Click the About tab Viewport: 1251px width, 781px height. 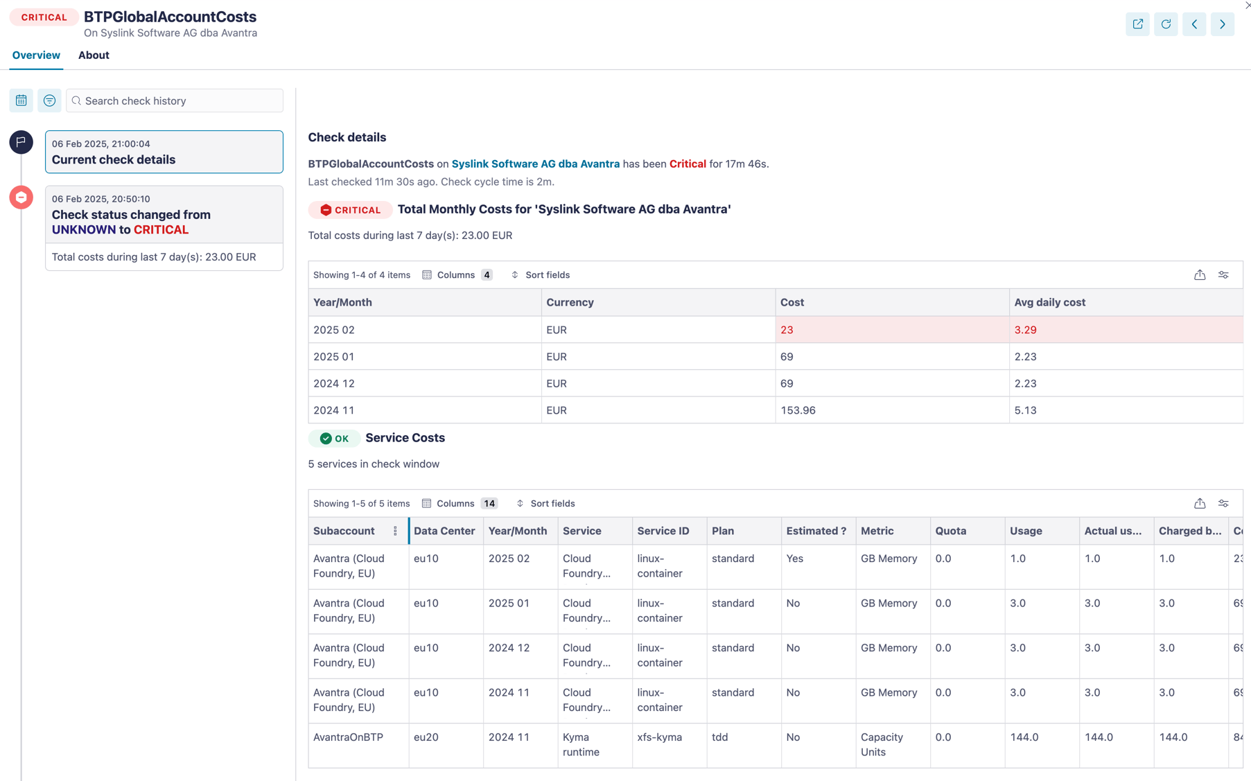[94, 55]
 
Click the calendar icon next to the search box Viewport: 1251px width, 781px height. [21, 100]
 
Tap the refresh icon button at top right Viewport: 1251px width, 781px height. [1166, 24]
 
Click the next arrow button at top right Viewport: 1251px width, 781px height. [1222, 24]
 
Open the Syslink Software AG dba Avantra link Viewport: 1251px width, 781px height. [535, 164]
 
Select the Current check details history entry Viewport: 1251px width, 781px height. [164, 152]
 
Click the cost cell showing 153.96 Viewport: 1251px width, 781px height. [798, 410]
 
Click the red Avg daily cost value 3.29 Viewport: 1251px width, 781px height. [1025, 330]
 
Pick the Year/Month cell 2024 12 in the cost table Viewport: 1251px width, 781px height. [334, 383]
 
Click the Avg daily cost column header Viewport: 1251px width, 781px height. [1049, 302]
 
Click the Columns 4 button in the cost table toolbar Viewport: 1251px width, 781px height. [457, 275]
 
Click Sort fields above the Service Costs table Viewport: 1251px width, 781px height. [546, 504]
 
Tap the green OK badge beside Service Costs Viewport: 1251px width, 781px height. [334, 439]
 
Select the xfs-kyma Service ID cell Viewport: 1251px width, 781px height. [659, 737]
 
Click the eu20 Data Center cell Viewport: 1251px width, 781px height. [426, 737]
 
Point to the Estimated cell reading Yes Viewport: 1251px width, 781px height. [794, 559]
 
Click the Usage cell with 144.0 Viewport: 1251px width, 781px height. [1024, 737]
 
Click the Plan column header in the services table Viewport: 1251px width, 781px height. [722, 531]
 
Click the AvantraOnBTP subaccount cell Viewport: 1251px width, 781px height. [348, 737]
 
